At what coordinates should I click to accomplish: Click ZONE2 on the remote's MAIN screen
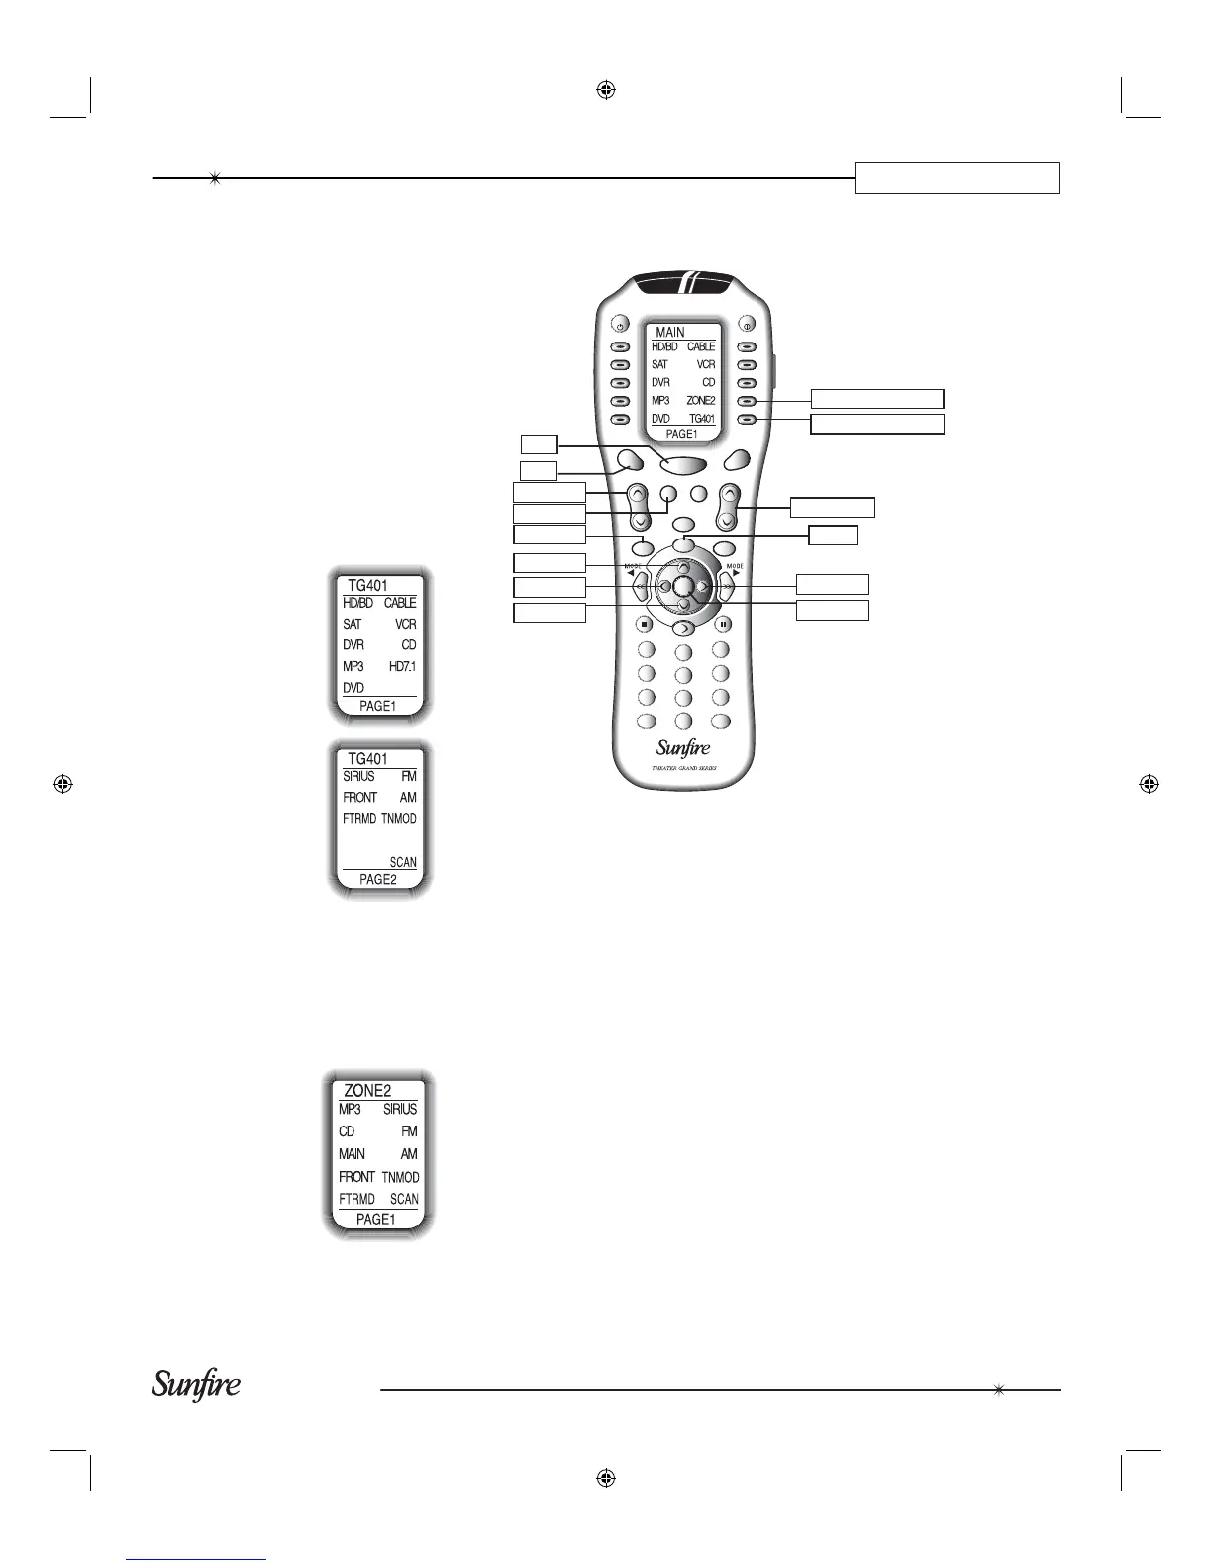coord(700,401)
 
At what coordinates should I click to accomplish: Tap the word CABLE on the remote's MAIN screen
coord(701,346)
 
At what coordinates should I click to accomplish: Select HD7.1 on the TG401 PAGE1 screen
coord(402,667)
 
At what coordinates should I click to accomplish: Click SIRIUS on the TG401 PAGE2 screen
coord(358,777)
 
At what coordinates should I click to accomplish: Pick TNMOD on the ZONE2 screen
coord(400,1177)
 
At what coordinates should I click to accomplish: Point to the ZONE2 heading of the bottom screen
coord(367,1090)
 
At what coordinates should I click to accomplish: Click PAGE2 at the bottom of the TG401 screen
coord(377,879)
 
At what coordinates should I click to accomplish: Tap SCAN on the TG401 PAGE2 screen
coord(403,862)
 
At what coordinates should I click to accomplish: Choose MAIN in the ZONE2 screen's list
coord(352,1154)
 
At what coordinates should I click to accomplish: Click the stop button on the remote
coord(643,624)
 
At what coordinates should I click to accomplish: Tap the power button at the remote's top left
coord(618,324)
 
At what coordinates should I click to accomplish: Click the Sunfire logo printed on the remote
coord(683,747)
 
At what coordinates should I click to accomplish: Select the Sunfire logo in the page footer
coord(196,1385)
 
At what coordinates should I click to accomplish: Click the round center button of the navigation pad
coord(682,585)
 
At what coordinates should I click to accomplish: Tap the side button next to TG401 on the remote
coord(749,419)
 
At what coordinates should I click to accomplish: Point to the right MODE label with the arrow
coord(735,569)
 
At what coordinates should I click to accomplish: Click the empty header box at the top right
coord(957,178)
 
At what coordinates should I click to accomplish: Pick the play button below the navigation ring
coord(683,627)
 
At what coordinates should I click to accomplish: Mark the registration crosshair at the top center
coord(607,90)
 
